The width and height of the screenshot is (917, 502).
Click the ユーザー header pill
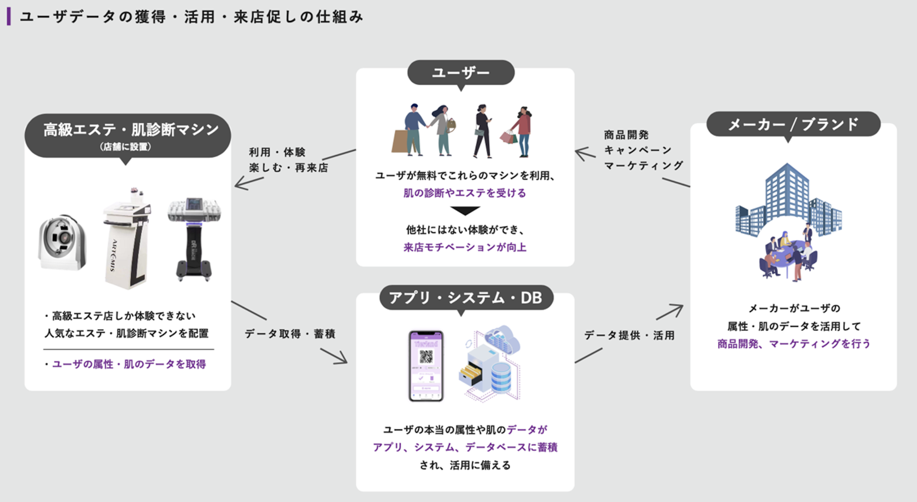[x=461, y=73]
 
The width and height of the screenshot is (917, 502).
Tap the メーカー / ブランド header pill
[x=793, y=124]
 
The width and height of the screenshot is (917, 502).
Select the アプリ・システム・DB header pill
[x=466, y=298]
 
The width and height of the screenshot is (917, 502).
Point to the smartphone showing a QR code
[x=426, y=366]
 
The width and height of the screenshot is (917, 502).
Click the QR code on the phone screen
[x=426, y=356]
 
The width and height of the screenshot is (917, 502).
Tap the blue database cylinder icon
[x=501, y=377]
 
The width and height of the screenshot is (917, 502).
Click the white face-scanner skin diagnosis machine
[x=62, y=242]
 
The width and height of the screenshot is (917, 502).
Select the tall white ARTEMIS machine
[x=127, y=239]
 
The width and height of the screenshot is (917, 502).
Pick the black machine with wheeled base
[x=194, y=239]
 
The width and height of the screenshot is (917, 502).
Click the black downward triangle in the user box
[x=465, y=211]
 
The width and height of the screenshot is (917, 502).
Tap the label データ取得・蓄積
[x=290, y=334]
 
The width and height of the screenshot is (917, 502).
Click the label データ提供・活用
[x=629, y=335]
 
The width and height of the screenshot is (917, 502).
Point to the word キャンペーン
[x=638, y=150]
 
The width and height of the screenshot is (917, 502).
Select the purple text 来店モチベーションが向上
[x=465, y=248]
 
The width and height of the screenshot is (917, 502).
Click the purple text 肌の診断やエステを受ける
[x=465, y=193]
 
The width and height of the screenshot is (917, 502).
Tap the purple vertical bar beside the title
[x=9, y=17]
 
